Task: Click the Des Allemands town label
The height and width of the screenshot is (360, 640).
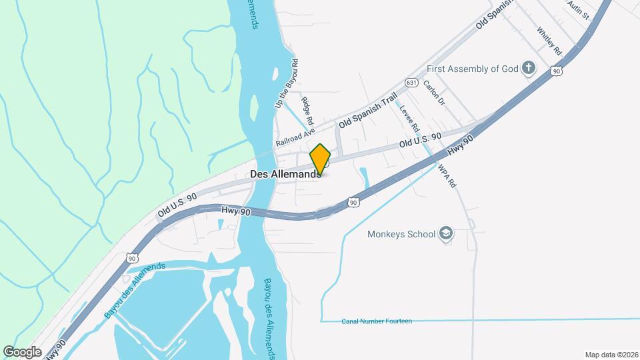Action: pos(283,174)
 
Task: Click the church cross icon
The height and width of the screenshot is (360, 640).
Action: pos(529,67)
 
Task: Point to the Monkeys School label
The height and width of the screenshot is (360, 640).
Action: pos(402,234)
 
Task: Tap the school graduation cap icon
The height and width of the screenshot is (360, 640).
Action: pos(446,233)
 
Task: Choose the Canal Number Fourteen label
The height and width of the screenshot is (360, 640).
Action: pos(377,321)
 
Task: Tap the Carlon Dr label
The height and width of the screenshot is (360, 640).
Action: pos(434,94)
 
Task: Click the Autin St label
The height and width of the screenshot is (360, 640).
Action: pos(579,9)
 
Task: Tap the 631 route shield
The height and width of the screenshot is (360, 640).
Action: pos(411,83)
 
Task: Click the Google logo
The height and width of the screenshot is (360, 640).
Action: pos(22,351)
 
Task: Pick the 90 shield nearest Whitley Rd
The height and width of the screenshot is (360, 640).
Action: pos(556,70)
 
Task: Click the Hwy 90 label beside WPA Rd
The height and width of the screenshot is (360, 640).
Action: pos(460,147)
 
